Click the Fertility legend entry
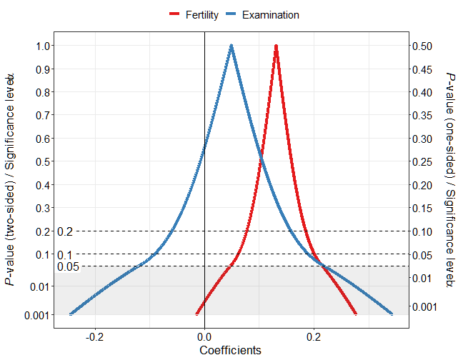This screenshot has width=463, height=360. coord(194,14)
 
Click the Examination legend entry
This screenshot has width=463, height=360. coord(262,14)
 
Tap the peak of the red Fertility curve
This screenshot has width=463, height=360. coord(276,46)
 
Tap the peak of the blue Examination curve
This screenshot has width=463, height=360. coord(231,46)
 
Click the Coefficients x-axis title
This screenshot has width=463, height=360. coord(230,350)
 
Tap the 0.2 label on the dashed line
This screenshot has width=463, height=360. coord(65,231)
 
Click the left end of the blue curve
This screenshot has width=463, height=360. coord(71,314)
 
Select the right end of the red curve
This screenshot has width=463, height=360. coord(356,314)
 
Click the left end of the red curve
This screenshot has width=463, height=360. coord(197,314)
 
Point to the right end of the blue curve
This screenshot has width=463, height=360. coord(392,314)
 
